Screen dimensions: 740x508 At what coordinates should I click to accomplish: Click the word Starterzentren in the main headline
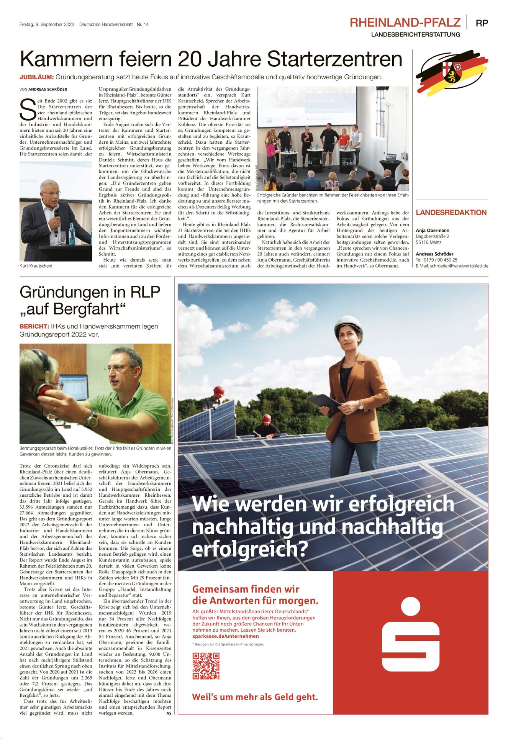334,59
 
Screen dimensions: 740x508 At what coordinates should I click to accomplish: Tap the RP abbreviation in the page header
482,23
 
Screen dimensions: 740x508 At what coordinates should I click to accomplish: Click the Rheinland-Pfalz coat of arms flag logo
452,71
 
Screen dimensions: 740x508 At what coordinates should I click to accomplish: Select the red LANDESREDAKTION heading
451,213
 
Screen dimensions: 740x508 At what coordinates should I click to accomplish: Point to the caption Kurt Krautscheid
36,266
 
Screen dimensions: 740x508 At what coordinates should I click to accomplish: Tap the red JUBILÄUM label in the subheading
36,77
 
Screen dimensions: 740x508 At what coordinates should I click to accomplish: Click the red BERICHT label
34,327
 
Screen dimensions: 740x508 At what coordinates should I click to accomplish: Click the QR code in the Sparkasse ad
206,666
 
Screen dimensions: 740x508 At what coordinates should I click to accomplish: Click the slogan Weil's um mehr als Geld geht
255,697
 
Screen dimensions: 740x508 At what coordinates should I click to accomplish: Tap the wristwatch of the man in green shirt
92,419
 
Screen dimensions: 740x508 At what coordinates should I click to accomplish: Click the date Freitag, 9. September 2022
47,25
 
